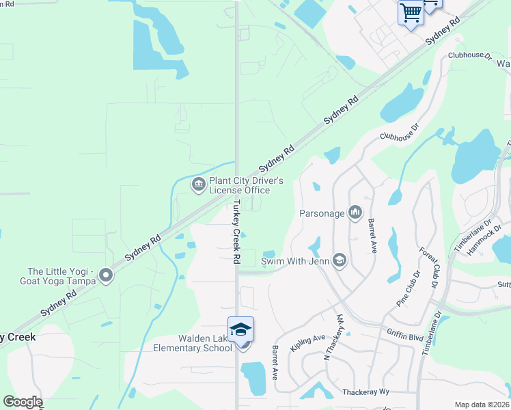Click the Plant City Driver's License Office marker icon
pyautogui.click(x=199, y=184)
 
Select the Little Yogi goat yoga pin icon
pyautogui.click(x=105, y=275)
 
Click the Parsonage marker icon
pyautogui.click(x=355, y=213)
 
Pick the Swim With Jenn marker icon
pyautogui.click(x=340, y=260)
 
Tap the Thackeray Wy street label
pyautogui.click(x=365, y=392)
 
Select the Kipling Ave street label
pyautogui.click(x=307, y=343)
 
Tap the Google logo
pyautogui.click(x=22, y=402)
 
